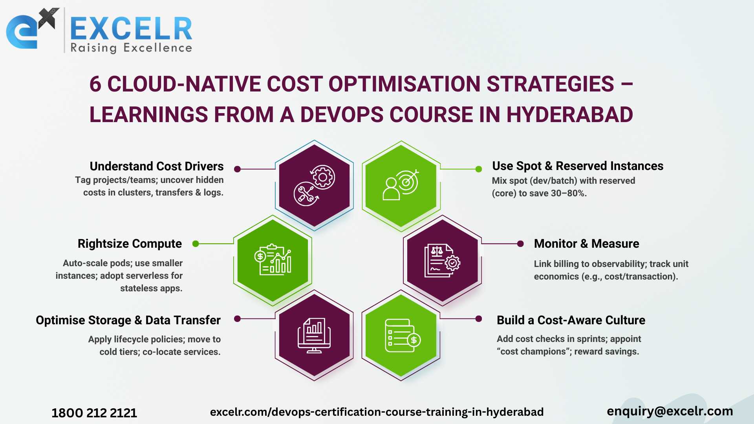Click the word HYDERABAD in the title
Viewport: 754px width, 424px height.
569,115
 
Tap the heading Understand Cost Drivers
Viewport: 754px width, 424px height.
157,166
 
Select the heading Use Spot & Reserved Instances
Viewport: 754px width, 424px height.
578,166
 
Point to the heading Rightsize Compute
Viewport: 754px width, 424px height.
130,244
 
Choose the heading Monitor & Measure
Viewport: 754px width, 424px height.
586,244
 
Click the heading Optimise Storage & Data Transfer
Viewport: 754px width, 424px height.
128,320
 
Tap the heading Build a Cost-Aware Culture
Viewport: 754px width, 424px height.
571,320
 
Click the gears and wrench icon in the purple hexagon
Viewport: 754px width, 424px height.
314,185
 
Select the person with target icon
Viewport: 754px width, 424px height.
401,185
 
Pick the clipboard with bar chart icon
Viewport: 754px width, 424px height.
273,260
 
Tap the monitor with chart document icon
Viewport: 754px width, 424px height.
314,335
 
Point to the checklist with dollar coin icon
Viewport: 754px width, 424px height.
403,336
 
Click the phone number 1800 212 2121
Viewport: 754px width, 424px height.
94,413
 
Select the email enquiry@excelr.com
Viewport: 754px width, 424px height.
670,411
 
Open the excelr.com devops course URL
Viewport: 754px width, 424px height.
377,412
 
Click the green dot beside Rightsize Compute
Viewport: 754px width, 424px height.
196,244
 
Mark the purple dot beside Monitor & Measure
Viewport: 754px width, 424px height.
520,244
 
